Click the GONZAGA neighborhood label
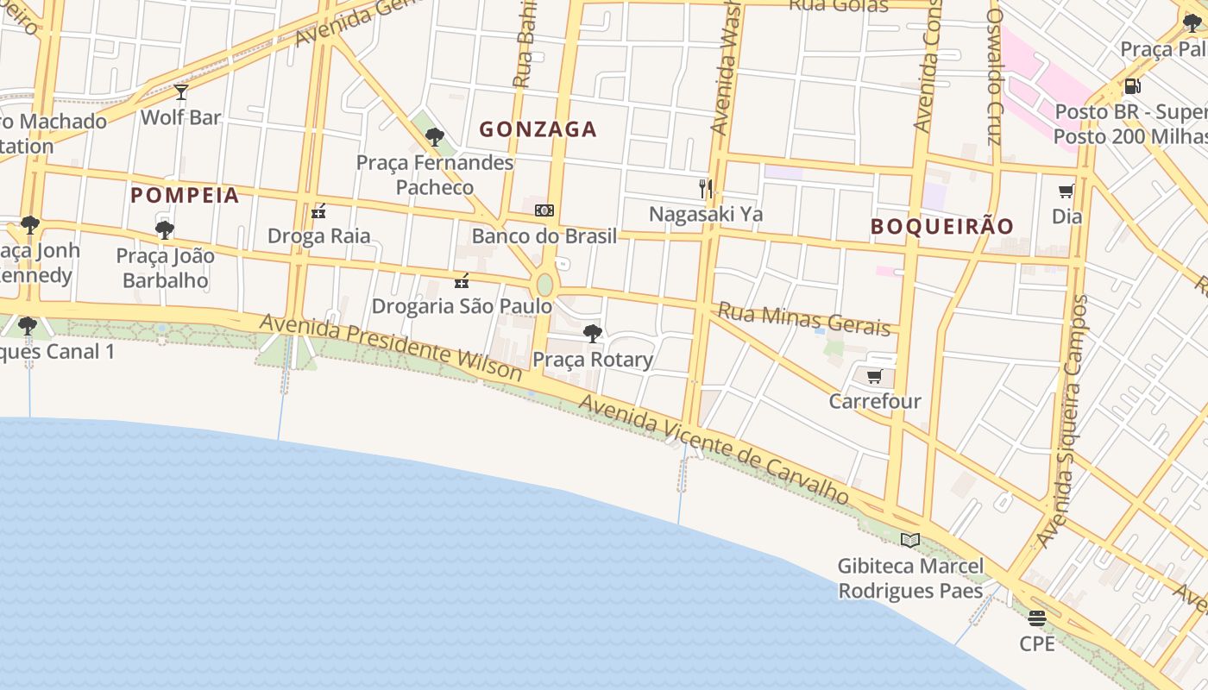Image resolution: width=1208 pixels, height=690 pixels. coord(538,129)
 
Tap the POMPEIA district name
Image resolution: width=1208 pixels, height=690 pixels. coord(185,195)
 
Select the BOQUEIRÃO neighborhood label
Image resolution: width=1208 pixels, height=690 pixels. coord(942,227)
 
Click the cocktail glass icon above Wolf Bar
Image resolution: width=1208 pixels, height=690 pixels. coord(180,91)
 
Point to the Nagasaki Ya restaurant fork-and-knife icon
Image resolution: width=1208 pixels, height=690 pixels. coord(706,188)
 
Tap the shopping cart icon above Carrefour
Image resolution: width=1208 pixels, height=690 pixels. coord(874,376)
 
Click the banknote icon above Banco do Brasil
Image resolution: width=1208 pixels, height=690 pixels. coord(544,210)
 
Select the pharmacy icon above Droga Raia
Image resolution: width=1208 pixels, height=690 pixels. coord(318,210)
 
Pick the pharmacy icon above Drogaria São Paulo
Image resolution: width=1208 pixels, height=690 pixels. coord(462,280)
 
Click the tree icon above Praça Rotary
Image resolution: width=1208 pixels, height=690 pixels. coord(592,334)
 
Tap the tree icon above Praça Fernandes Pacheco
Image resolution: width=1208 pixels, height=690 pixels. coord(435,136)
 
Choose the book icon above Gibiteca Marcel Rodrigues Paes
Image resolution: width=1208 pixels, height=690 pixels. coord(909,540)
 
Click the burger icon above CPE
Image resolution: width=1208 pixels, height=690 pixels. coord(1036,618)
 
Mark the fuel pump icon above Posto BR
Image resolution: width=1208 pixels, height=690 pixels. coord(1132,86)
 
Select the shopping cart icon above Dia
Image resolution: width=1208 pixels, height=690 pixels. coord(1066,191)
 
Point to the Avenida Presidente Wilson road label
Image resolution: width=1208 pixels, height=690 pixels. coord(391,347)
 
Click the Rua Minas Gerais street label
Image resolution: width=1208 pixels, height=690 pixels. coord(803,319)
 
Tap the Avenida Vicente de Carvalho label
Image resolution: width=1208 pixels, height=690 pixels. coord(714,449)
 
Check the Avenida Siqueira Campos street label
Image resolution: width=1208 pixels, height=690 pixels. coord(1071,423)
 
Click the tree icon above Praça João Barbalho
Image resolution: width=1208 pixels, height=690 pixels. coord(164,230)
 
